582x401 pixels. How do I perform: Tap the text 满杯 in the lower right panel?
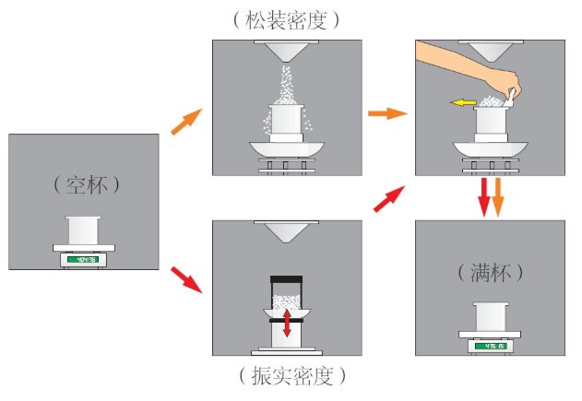tap(490, 273)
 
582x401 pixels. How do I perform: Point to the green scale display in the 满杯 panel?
tap(490, 347)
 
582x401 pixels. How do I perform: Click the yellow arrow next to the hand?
tap(464, 103)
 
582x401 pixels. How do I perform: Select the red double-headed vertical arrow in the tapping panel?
tap(287, 323)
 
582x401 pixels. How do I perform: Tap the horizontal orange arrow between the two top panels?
tap(387, 113)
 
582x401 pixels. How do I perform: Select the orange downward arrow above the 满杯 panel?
tap(498, 197)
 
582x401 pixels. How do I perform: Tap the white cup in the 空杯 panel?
tap(83, 230)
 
